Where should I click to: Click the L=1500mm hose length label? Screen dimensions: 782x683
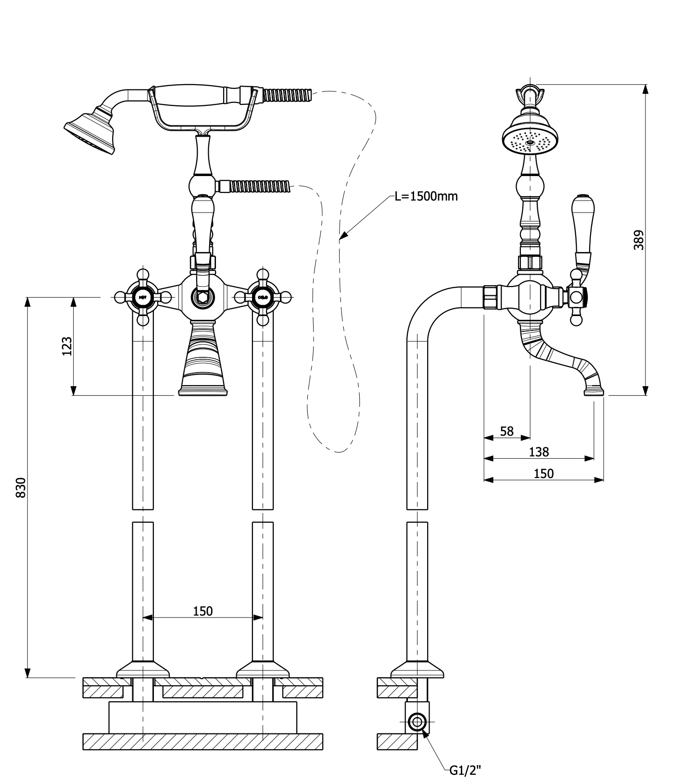[426, 196]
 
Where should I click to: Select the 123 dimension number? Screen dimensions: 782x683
[67, 346]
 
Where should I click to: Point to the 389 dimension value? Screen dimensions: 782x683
[638, 240]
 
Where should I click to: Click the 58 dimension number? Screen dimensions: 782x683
[506, 431]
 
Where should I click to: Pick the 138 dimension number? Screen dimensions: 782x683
[538, 452]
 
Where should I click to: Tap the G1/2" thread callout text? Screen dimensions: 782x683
[465, 770]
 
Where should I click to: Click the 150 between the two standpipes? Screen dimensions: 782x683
[202, 611]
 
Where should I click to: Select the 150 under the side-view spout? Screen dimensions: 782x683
[544, 474]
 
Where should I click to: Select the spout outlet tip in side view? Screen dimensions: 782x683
[594, 391]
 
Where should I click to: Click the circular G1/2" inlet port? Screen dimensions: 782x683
[416, 722]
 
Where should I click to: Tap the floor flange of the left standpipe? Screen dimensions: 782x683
[142, 669]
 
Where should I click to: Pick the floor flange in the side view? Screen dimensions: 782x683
[417, 669]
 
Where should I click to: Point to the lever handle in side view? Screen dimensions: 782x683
[582, 231]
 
